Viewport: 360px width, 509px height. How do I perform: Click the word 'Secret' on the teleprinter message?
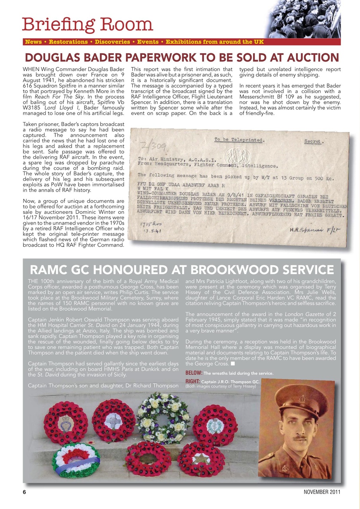coord(314,142)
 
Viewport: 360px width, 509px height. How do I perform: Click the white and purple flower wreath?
coord(163,418)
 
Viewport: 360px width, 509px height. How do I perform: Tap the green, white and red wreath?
coord(76,460)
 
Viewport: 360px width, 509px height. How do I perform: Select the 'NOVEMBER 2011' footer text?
coord(321,492)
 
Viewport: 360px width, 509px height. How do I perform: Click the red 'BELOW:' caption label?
coord(194,373)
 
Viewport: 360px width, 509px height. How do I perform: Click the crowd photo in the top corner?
coord(304,19)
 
